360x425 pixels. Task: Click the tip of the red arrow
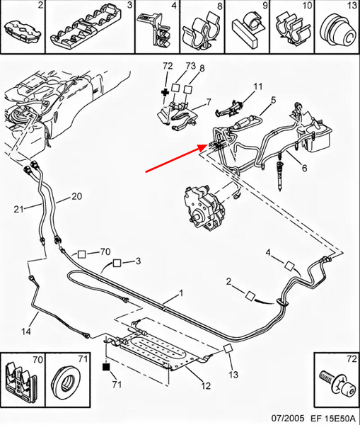tap(208, 145)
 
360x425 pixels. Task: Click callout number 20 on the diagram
tap(76, 196)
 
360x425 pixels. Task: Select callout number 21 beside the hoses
tap(18, 209)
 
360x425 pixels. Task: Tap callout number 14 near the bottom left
tap(26, 331)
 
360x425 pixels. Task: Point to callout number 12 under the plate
tap(205, 385)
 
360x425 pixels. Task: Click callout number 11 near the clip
tap(258, 86)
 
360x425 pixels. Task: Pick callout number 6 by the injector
tap(305, 168)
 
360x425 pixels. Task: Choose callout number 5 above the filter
tap(273, 100)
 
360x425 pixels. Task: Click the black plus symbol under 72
tap(165, 92)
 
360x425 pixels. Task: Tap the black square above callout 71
tap(106, 367)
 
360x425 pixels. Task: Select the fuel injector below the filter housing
tap(279, 171)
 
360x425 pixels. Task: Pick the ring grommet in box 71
tap(65, 383)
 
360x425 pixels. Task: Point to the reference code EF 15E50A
tap(333, 417)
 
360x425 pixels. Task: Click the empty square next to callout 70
tap(81, 254)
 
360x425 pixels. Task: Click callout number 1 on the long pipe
tap(181, 293)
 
